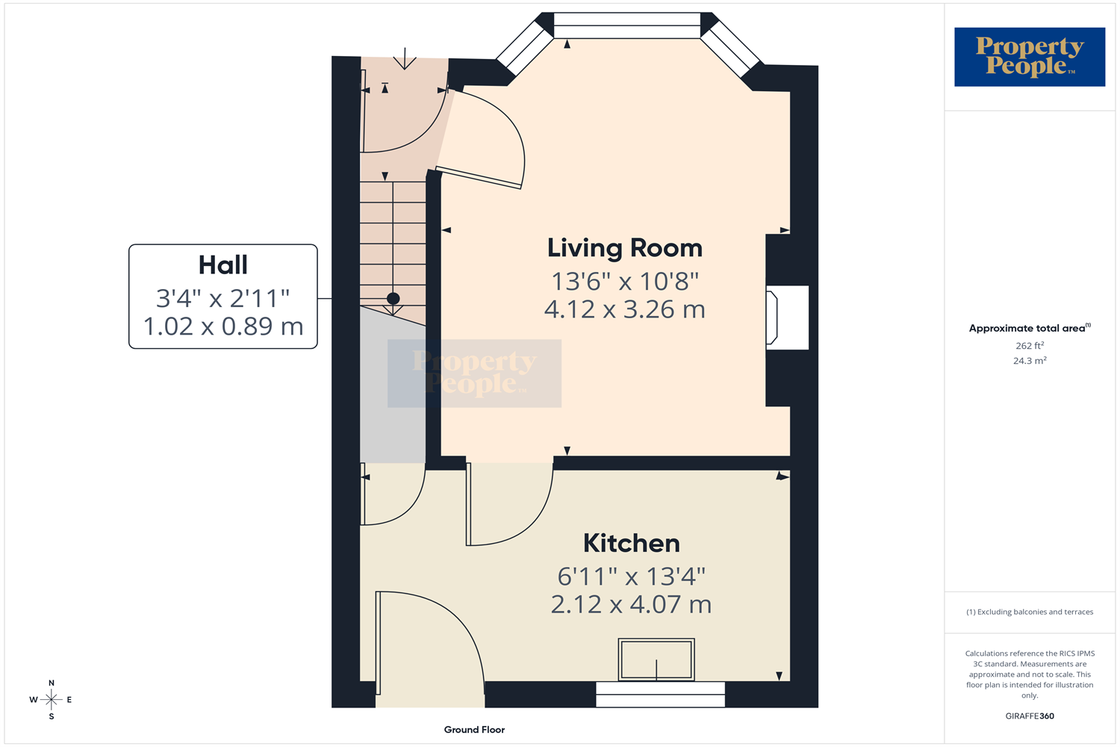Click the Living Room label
(624, 248)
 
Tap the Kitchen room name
(632, 543)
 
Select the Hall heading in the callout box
(223, 265)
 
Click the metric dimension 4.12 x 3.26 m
(624, 309)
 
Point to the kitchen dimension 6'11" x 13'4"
(631, 577)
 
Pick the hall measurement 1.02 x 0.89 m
(223, 326)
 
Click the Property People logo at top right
(1030, 57)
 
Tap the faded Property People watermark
(474, 373)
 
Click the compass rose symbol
(51, 699)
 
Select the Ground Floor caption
(474, 730)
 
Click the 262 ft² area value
(1030, 345)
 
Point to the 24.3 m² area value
(1030, 360)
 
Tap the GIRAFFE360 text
(1030, 716)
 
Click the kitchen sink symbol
(656, 660)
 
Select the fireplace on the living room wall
(787, 317)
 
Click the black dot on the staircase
(393, 299)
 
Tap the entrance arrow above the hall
(405, 58)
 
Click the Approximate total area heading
(1030, 328)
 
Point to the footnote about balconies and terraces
(1030, 612)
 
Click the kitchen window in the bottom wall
(660, 695)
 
